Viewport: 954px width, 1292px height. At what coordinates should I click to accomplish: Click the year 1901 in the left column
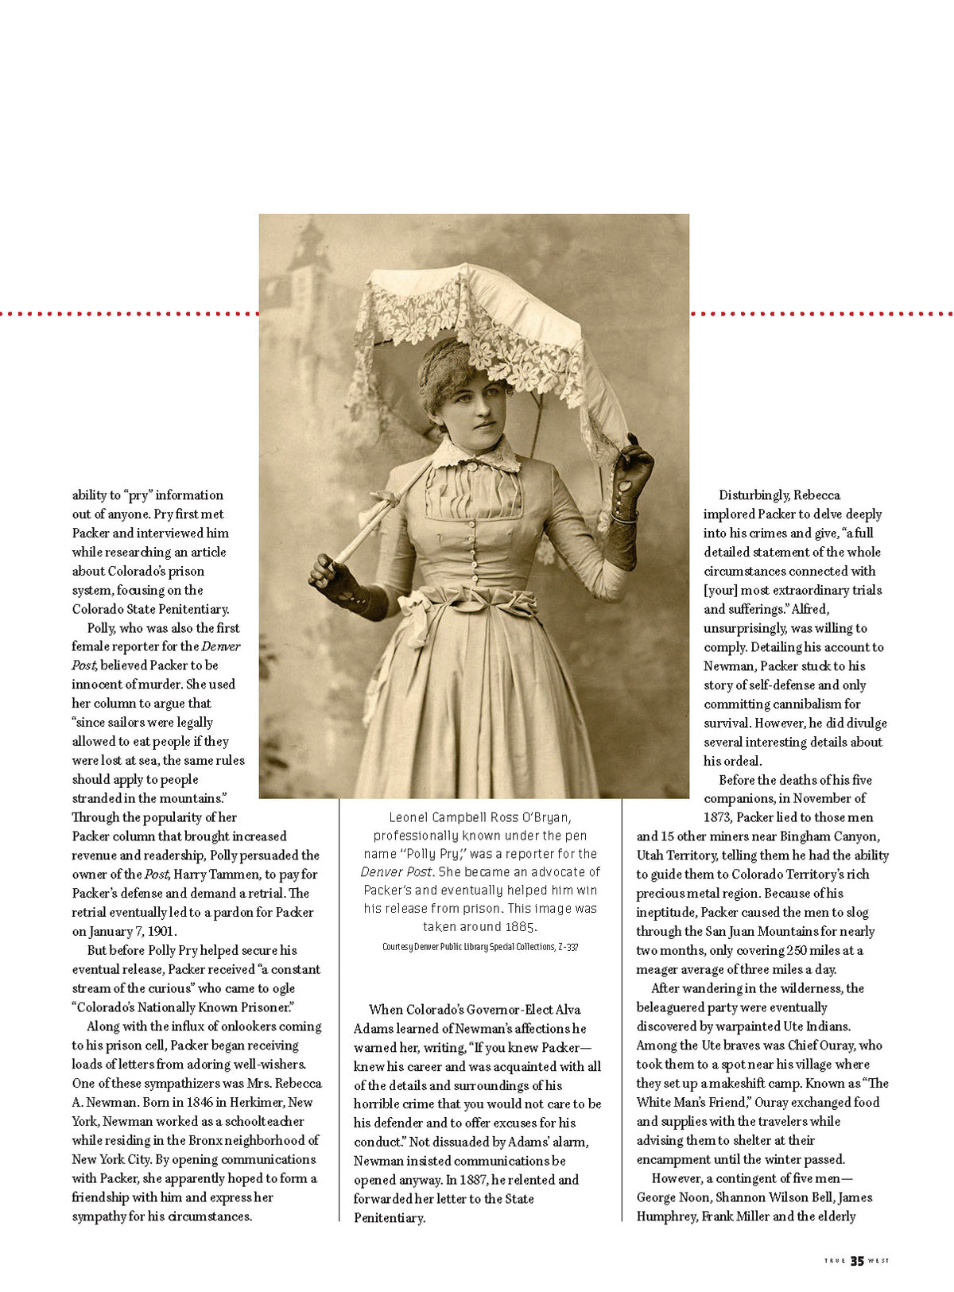160,931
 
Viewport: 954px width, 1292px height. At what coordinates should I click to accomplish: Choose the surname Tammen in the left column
233,875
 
